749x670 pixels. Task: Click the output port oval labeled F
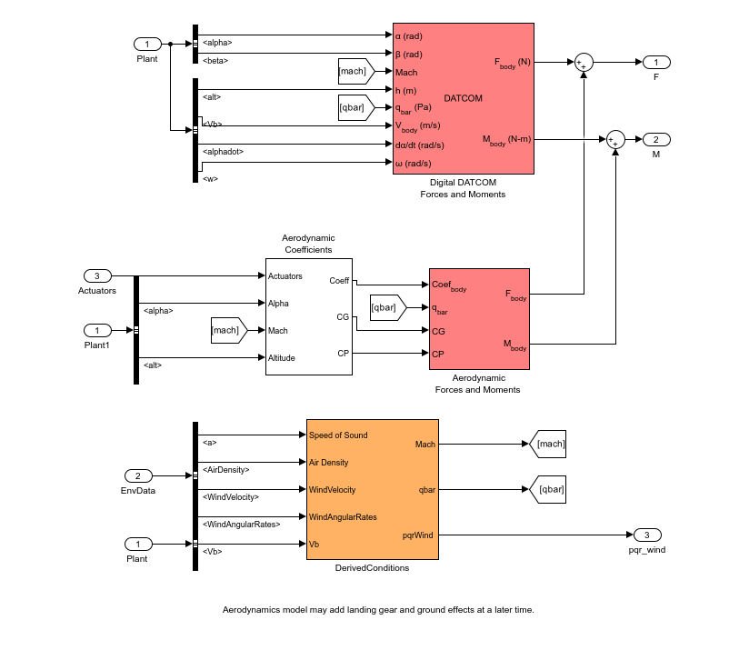pyautogui.click(x=656, y=62)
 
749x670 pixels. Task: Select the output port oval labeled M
pyautogui.click(x=656, y=139)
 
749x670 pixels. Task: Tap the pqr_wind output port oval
pyautogui.click(x=647, y=535)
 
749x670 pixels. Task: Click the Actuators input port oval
pyautogui.click(x=97, y=275)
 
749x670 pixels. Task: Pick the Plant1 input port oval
pyautogui.click(x=97, y=330)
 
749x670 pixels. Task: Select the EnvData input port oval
pyautogui.click(x=138, y=475)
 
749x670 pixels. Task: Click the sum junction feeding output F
pyautogui.click(x=583, y=62)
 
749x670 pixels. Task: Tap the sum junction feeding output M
pyautogui.click(x=615, y=139)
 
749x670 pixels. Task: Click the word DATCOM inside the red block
pyautogui.click(x=463, y=98)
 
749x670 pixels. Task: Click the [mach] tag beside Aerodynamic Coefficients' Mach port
pyautogui.click(x=227, y=330)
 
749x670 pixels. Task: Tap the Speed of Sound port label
pyautogui.click(x=337, y=435)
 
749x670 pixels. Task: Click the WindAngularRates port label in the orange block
pyautogui.click(x=342, y=516)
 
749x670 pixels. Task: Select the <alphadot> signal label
pyautogui.click(x=223, y=152)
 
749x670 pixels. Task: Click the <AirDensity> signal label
pyautogui.click(x=225, y=470)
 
